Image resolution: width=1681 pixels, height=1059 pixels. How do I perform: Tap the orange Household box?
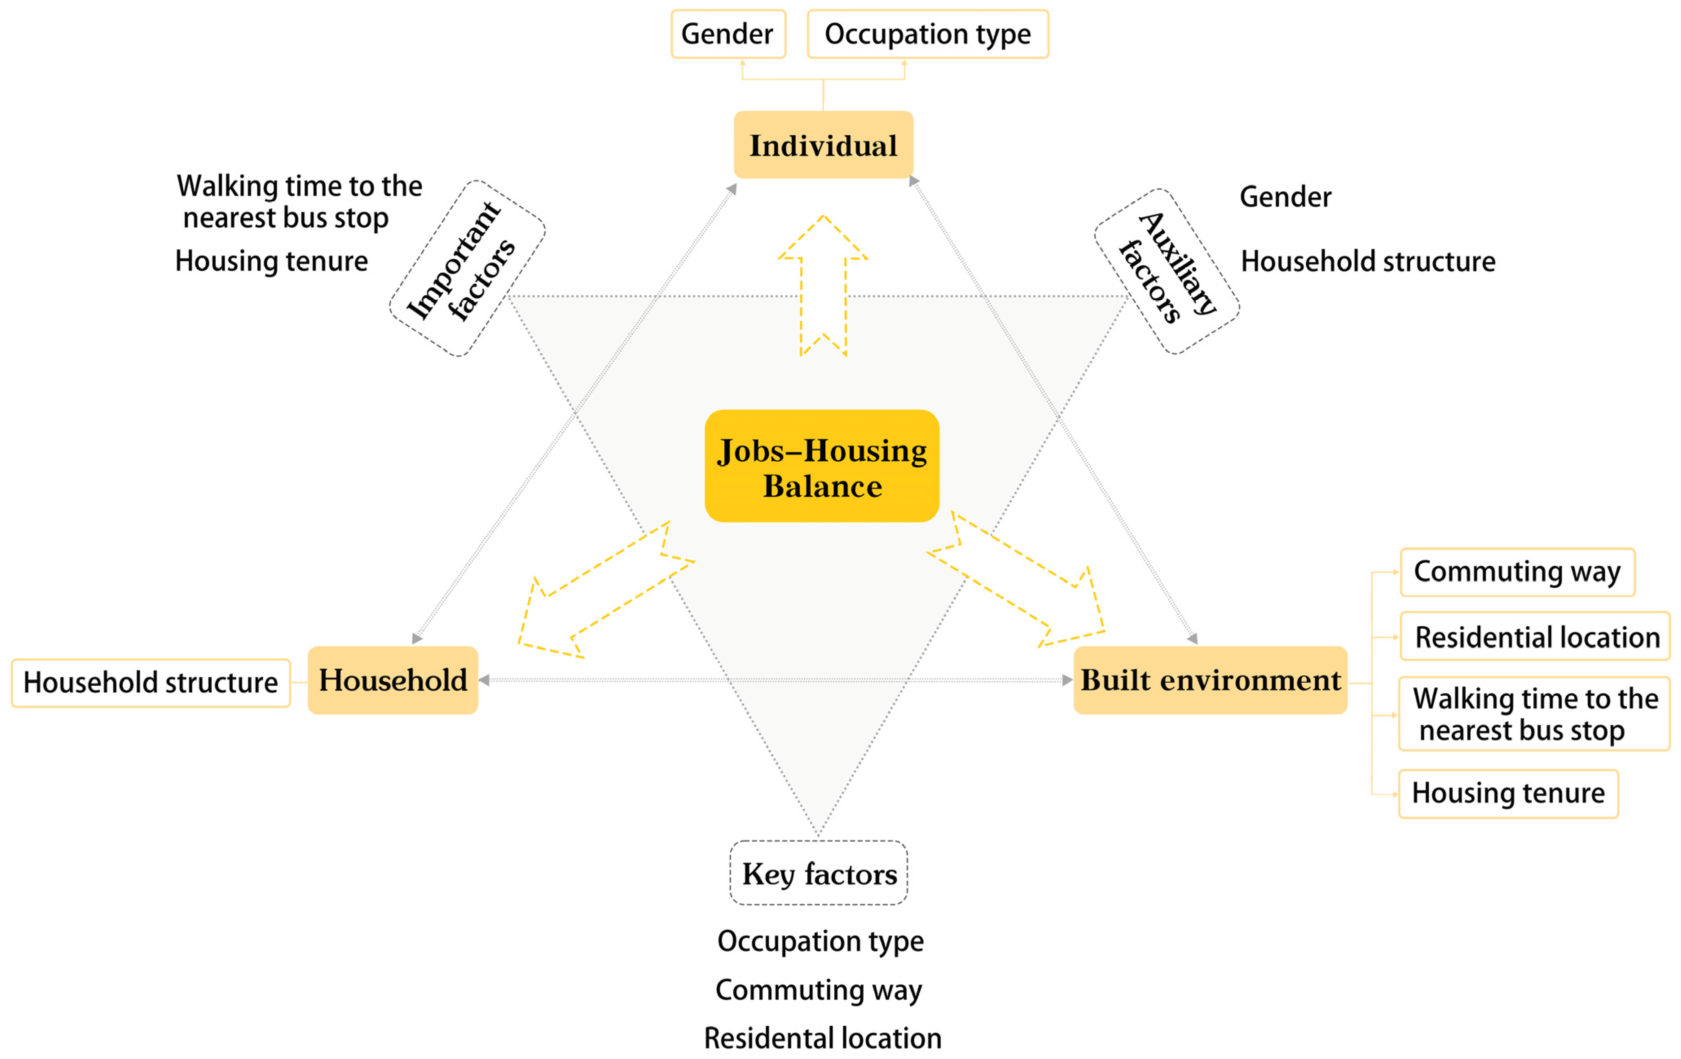(x=393, y=680)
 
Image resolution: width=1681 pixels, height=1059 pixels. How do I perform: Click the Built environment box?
(x=1210, y=680)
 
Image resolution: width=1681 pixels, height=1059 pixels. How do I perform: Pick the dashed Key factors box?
(x=819, y=873)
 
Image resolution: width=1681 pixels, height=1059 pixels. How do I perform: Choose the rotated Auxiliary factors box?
(x=1166, y=271)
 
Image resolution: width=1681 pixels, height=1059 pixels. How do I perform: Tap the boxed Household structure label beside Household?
(x=151, y=683)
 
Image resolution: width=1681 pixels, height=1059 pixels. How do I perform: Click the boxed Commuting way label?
(x=1517, y=572)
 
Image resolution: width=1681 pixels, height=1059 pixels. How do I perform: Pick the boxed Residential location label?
(x=1535, y=637)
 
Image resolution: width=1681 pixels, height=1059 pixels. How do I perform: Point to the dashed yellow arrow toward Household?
(x=601, y=593)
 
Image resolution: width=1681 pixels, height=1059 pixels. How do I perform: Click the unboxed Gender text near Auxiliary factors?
(x=1285, y=197)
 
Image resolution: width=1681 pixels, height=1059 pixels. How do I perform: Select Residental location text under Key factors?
(x=822, y=1038)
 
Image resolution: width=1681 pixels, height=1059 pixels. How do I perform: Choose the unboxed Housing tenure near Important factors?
(x=272, y=261)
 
